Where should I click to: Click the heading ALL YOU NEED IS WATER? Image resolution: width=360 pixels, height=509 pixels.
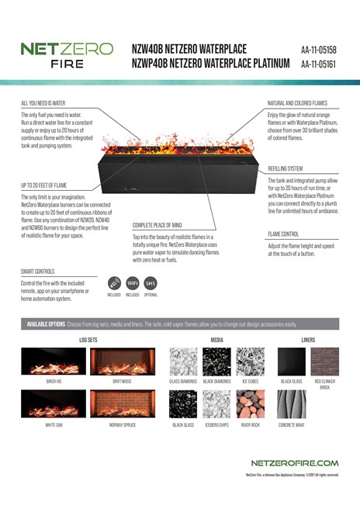coord(43,102)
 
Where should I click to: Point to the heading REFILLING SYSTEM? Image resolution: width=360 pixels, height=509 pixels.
coord(286,168)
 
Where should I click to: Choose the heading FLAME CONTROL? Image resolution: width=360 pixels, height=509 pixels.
coord(285,234)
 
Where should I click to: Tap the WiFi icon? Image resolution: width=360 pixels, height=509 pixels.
coord(132,283)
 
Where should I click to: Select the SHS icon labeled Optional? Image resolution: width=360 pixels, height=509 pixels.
coord(151,283)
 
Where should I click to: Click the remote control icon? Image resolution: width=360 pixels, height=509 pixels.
coord(113,283)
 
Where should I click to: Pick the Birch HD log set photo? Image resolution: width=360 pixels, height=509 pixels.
coord(52,362)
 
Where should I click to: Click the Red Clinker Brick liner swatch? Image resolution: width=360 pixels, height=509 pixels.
coord(324,361)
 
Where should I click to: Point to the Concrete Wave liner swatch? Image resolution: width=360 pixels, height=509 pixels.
coord(292,403)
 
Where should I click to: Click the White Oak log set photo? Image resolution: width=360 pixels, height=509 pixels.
coord(52,403)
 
